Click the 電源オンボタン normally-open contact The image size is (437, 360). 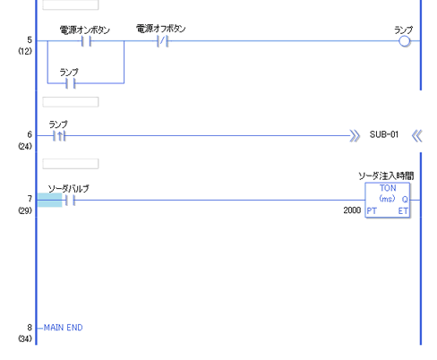coord(86,41)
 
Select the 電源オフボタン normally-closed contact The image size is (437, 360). coord(162,41)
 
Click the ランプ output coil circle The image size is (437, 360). coord(405,41)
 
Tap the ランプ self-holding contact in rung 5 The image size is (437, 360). coord(71,83)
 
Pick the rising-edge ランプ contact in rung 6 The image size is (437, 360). coord(59,136)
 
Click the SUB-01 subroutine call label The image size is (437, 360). coord(384,134)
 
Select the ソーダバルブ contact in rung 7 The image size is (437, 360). coord(70,200)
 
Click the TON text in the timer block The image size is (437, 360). coord(388,188)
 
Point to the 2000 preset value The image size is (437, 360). coord(352,210)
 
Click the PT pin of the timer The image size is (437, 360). coord(372,211)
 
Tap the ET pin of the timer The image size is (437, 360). coord(403,211)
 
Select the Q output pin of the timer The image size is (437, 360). coord(405,200)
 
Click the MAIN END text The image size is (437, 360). coord(64,328)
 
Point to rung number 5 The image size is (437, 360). coord(30,40)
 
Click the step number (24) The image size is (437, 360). coord(25,146)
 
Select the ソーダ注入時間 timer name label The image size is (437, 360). coord(386,176)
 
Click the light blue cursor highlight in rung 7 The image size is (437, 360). coord(49,200)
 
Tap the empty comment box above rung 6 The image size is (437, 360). coord(71,102)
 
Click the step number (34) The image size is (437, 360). coord(25,339)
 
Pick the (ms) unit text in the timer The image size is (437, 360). coord(387,199)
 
